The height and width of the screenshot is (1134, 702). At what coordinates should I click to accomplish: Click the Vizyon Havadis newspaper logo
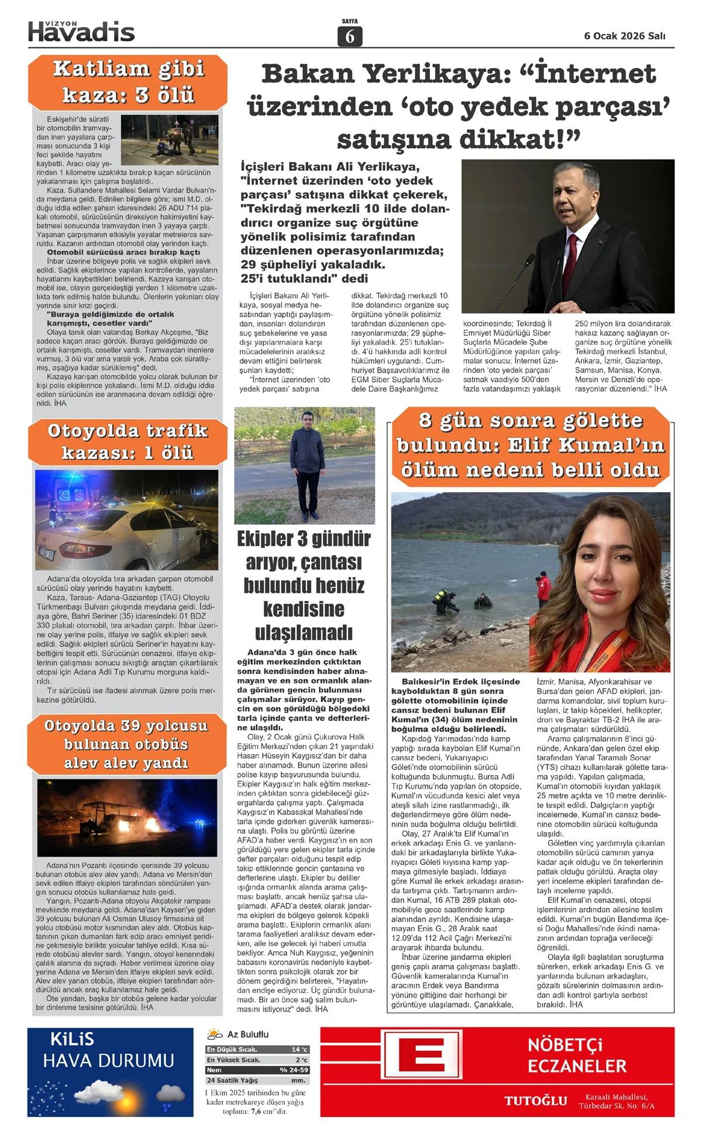point(81,32)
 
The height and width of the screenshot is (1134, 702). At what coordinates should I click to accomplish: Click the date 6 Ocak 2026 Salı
point(624,36)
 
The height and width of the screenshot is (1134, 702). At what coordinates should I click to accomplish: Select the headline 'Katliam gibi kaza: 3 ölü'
point(128,82)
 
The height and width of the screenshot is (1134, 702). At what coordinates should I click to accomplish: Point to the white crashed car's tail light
point(94,550)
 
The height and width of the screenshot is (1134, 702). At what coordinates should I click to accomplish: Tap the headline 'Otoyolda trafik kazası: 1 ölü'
point(128,442)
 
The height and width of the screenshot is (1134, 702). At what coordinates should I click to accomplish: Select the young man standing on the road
point(304,465)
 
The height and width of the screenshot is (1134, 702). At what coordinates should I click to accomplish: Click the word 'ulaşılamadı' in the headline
point(304,633)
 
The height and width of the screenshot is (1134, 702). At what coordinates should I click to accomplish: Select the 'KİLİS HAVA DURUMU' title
point(109,1050)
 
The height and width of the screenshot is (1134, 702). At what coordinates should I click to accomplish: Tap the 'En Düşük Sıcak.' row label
point(232,1049)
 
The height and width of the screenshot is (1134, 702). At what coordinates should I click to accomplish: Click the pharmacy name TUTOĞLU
point(536,1101)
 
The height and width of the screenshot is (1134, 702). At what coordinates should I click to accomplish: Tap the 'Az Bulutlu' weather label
point(248,1034)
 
